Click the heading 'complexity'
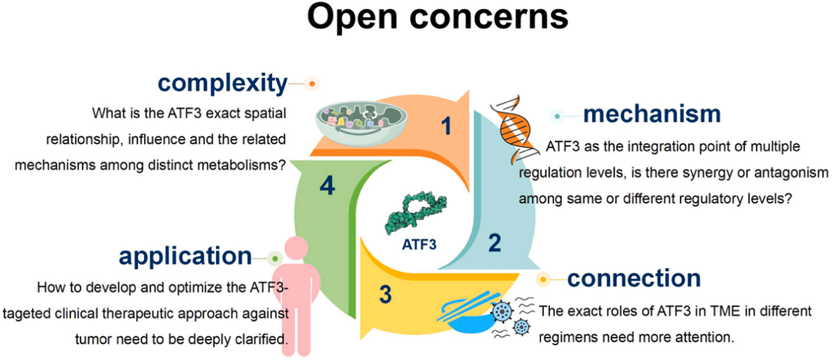(221, 84)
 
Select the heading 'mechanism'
(652, 114)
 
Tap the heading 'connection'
(633, 278)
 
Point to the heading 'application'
(185, 257)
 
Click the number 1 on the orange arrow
(446, 127)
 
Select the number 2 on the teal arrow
(494, 243)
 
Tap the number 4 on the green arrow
(327, 186)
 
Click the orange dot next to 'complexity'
(312, 84)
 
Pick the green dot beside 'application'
(275, 258)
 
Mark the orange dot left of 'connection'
(544, 279)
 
